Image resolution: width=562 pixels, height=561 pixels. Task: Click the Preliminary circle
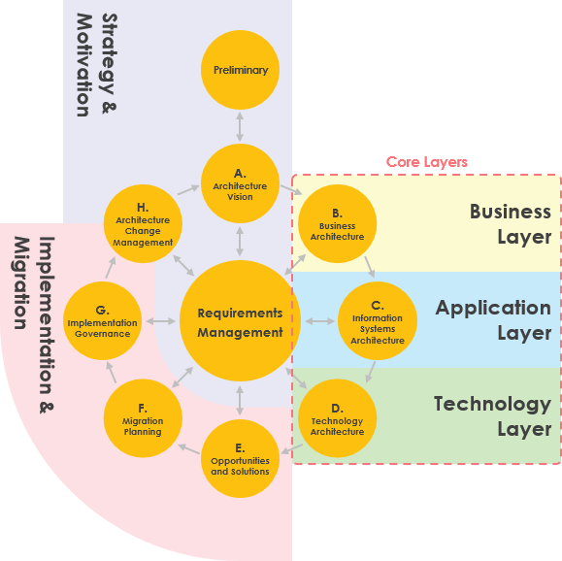click(x=240, y=70)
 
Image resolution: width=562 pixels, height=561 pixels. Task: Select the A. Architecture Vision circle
click(x=240, y=184)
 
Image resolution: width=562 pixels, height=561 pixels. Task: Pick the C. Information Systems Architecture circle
click(x=378, y=322)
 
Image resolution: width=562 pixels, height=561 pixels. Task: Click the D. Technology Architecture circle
click(x=337, y=418)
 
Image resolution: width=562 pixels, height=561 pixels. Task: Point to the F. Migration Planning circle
click(x=143, y=418)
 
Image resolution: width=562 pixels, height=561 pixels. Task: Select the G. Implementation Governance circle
click(x=103, y=321)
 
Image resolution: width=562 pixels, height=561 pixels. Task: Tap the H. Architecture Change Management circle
click(x=143, y=224)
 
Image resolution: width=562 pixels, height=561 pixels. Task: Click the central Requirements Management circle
click(x=240, y=322)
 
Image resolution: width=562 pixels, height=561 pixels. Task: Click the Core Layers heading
click(x=427, y=162)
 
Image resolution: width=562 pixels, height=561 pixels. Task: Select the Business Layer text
click(x=511, y=224)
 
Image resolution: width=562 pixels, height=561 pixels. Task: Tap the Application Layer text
click(x=493, y=320)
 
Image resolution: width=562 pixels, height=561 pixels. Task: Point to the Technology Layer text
click(x=492, y=416)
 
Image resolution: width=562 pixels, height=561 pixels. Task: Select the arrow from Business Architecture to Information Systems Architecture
click(x=369, y=266)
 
